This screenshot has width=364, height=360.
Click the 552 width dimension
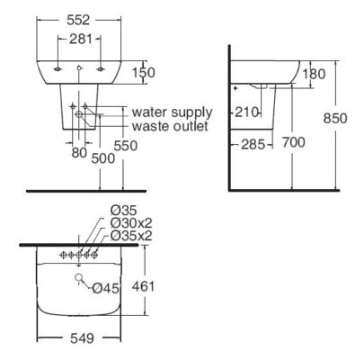(x=81, y=19)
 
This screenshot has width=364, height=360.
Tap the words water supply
(x=171, y=112)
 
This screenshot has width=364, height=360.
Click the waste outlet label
(x=170, y=127)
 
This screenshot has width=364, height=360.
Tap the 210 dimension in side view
(x=247, y=112)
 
